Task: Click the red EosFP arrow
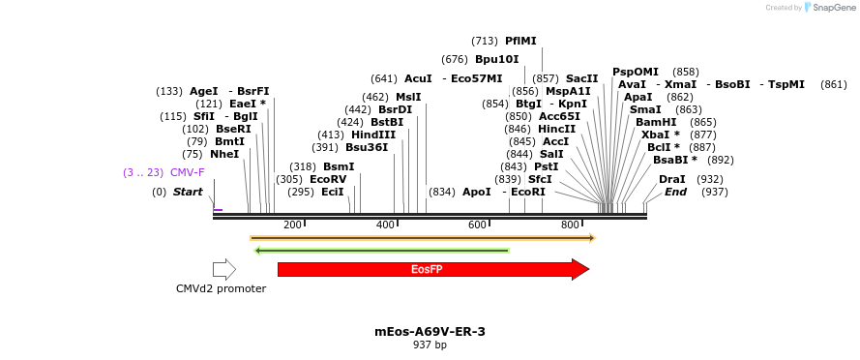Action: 431,269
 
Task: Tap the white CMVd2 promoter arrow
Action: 224,269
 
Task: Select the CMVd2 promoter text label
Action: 221,288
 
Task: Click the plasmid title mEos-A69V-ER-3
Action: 430,331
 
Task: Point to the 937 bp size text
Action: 430,345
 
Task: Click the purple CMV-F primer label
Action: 188,172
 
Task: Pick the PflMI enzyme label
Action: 520,41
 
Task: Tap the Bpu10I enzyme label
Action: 496,59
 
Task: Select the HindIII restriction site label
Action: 373,135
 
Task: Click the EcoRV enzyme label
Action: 328,179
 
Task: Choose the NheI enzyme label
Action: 224,154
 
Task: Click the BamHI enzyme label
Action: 656,122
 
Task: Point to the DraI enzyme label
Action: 672,179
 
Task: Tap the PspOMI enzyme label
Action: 635,72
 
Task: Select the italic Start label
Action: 188,192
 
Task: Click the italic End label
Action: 675,192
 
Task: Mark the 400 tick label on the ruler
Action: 385,225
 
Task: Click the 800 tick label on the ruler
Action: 570,225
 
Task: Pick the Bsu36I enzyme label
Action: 367,147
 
